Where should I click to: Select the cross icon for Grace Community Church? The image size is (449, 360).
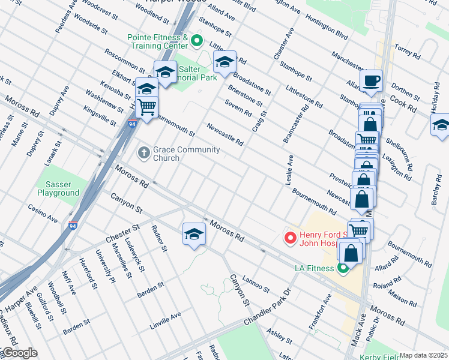click(x=143, y=153)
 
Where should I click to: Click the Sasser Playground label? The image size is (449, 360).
click(x=58, y=189)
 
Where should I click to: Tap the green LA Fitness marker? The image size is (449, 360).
click(x=343, y=268)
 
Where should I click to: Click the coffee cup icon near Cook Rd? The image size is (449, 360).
click(x=371, y=80)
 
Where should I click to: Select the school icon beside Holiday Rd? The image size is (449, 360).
click(x=441, y=125)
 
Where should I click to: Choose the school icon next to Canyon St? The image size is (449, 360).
click(x=194, y=233)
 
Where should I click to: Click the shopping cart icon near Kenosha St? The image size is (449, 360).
click(x=147, y=107)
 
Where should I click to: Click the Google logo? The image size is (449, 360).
click(x=19, y=353)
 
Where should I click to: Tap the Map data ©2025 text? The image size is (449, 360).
click(x=424, y=355)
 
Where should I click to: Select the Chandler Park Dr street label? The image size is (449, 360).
click(x=267, y=308)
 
